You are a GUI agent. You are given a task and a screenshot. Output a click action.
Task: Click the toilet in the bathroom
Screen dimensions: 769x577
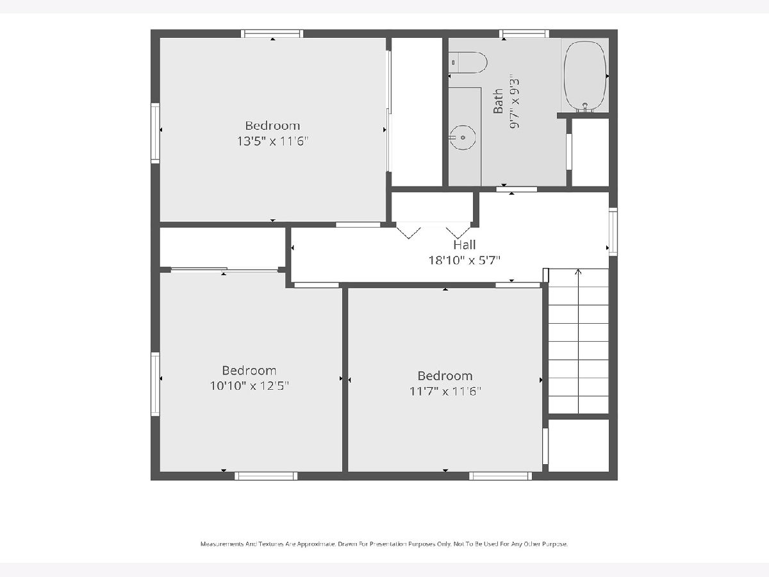(x=468, y=62)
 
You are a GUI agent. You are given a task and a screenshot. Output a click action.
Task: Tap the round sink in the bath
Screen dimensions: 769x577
(x=463, y=137)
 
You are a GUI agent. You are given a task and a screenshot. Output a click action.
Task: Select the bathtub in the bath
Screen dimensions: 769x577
(x=584, y=76)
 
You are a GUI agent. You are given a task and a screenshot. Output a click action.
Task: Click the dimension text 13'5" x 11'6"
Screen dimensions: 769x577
(x=272, y=141)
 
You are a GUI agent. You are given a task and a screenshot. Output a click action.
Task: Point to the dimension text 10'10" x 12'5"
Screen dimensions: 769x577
(x=249, y=386)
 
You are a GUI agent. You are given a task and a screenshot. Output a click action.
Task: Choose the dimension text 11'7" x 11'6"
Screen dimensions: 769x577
(x=445, y=391)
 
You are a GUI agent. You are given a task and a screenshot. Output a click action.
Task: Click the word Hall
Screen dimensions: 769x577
(x=465, y=244)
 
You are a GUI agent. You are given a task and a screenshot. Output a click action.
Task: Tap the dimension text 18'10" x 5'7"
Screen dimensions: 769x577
(x=465, y=260)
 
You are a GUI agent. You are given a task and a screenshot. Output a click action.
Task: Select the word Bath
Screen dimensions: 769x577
(x=498, y=101)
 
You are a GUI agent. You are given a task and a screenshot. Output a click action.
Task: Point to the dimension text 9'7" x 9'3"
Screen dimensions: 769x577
(x=515, y=101)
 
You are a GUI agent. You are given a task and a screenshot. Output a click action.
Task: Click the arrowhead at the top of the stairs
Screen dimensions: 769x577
(x=578, y=271)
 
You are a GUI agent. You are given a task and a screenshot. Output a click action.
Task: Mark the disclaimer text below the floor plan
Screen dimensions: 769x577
(x=384, y=544)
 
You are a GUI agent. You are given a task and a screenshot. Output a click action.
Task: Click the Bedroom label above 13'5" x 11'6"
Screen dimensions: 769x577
(x=272, y=126)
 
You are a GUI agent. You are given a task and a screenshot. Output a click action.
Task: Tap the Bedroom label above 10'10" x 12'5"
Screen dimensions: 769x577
(x=249, y=371)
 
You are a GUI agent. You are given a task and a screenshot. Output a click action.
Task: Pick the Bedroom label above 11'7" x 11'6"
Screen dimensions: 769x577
(x=445, y=376)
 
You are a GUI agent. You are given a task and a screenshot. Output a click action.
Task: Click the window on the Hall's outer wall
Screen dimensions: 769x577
(x=613, y=231)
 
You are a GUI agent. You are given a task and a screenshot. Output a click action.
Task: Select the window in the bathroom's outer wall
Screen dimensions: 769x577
(x=524, y=33)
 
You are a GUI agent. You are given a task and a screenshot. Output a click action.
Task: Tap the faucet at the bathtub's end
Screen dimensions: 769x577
(x=584, y=108)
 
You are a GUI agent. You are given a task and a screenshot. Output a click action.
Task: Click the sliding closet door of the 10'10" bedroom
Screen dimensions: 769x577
(x=224, y=269)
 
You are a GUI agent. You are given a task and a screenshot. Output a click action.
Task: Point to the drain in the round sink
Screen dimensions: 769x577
(x=463, y=138)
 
